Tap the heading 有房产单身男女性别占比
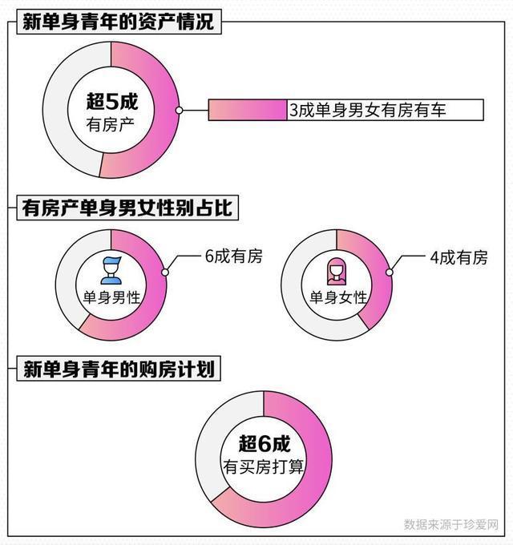point(126,209)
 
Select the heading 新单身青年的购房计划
point(119,370)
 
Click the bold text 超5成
point(111,101)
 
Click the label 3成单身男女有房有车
point(367,110)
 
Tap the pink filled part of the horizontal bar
point(248,110)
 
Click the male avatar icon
point(111,268)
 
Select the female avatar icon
point(337,268)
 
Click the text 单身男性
point(111,297)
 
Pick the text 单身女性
point(337,297)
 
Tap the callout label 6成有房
point(233,256)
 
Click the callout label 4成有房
point(458,257)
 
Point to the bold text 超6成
point(264,443)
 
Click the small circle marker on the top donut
point(180,110)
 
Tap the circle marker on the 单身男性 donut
point(165,272)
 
